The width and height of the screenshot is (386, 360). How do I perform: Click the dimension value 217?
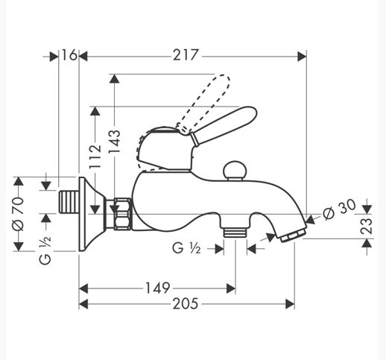coord(186,55)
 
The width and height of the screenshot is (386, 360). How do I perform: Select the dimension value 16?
coord(69,55)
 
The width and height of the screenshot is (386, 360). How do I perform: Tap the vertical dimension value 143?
coord(115,142)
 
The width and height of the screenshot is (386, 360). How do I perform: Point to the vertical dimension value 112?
coord(95,157)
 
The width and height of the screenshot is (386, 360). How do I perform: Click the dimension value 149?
coord(157,288)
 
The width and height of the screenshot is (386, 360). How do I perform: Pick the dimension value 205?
coord(186,303)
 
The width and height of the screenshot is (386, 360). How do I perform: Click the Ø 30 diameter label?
coord(340,209)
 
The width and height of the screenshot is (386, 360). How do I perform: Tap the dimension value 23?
coord(367,226)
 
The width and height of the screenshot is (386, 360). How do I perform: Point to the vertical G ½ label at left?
coord(45,250)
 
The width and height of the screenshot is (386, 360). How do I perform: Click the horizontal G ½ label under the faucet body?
coord(186,248)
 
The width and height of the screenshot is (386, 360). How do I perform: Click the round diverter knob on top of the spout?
coord(235,170)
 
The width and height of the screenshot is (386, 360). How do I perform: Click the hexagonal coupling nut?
coord(122,213)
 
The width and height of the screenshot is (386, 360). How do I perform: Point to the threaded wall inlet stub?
coord(69,201)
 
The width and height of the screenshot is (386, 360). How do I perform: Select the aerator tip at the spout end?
coord(293,236)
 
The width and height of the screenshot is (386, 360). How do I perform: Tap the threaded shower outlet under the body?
coord(235,233)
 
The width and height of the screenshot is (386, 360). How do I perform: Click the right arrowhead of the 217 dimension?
coord(302,57)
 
